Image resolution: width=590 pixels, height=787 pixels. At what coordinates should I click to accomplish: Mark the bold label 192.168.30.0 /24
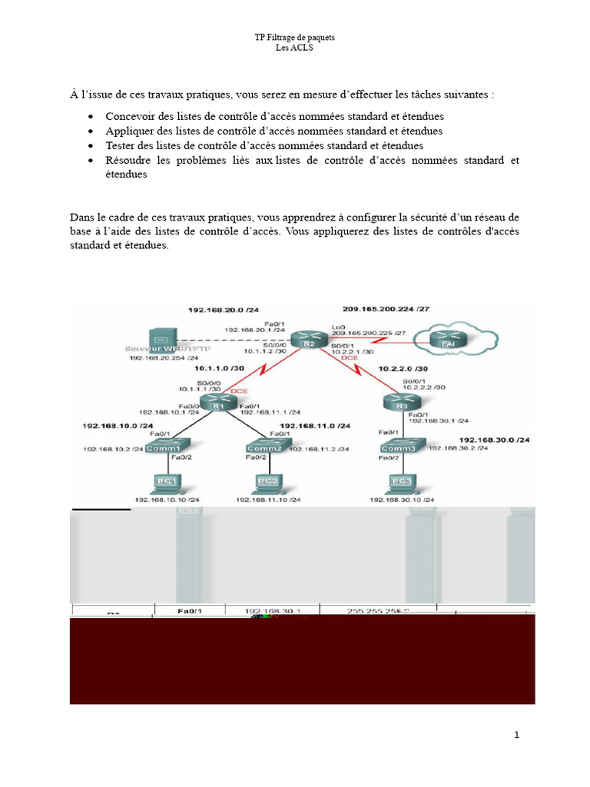[x=494, y=440]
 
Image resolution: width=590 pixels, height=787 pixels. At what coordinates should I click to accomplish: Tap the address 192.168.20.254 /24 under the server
[x=163, y=358]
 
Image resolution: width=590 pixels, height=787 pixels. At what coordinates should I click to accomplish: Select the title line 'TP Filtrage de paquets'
[x=295, y=38]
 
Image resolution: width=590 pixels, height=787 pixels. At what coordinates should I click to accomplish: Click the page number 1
[x=517, y=735]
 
